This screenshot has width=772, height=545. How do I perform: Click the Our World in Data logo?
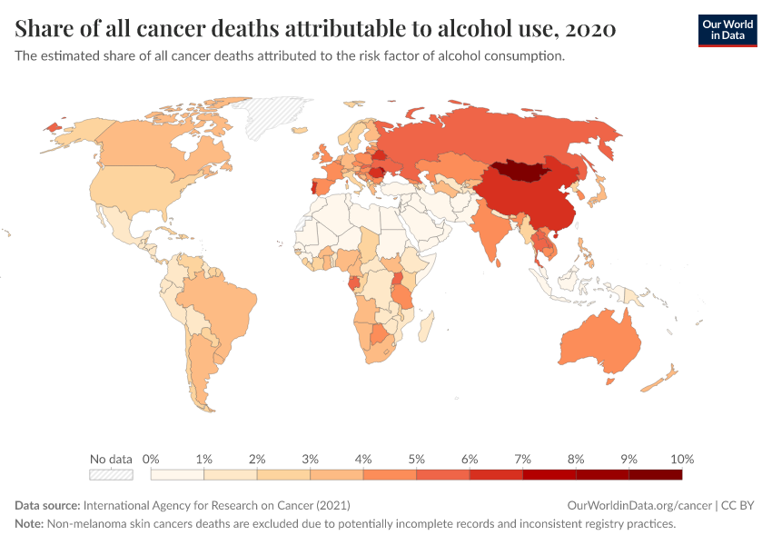click(x=727, y=29)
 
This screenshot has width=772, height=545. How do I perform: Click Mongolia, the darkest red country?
click(x=522, y=172)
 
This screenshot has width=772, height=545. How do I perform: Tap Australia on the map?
click(x=600, y=342)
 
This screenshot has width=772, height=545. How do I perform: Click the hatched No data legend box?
click(x=111, y=474)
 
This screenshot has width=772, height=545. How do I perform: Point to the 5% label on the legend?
click(x=417, y=459)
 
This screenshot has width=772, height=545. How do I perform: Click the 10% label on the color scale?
click(x=682, y=459)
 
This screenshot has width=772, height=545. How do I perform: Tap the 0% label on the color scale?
click(x=152, y=459)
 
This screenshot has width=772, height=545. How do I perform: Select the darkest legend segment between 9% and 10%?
click(x=655, y=474)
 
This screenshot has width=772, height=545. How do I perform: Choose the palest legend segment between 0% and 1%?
click(x=178, y=474)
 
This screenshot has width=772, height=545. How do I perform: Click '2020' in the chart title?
click(x=590, y=29)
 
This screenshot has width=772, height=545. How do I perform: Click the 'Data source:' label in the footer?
click(x=47, y=505)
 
